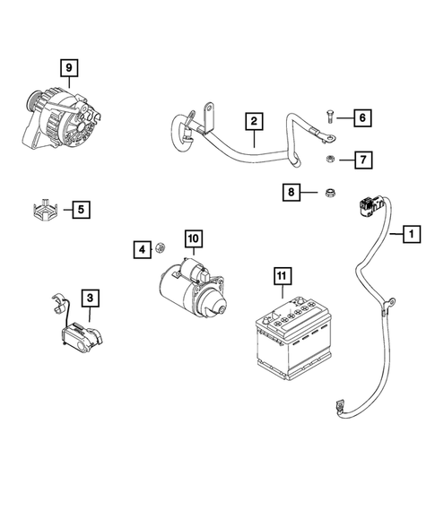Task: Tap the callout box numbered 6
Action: [x=362, y=118]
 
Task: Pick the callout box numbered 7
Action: [x=362, y=160]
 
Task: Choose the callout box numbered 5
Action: [x=80, y=210]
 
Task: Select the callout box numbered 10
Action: [x=194, y=238]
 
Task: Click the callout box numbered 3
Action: [x=91, y=296]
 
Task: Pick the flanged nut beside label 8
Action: [x=328, y=192]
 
